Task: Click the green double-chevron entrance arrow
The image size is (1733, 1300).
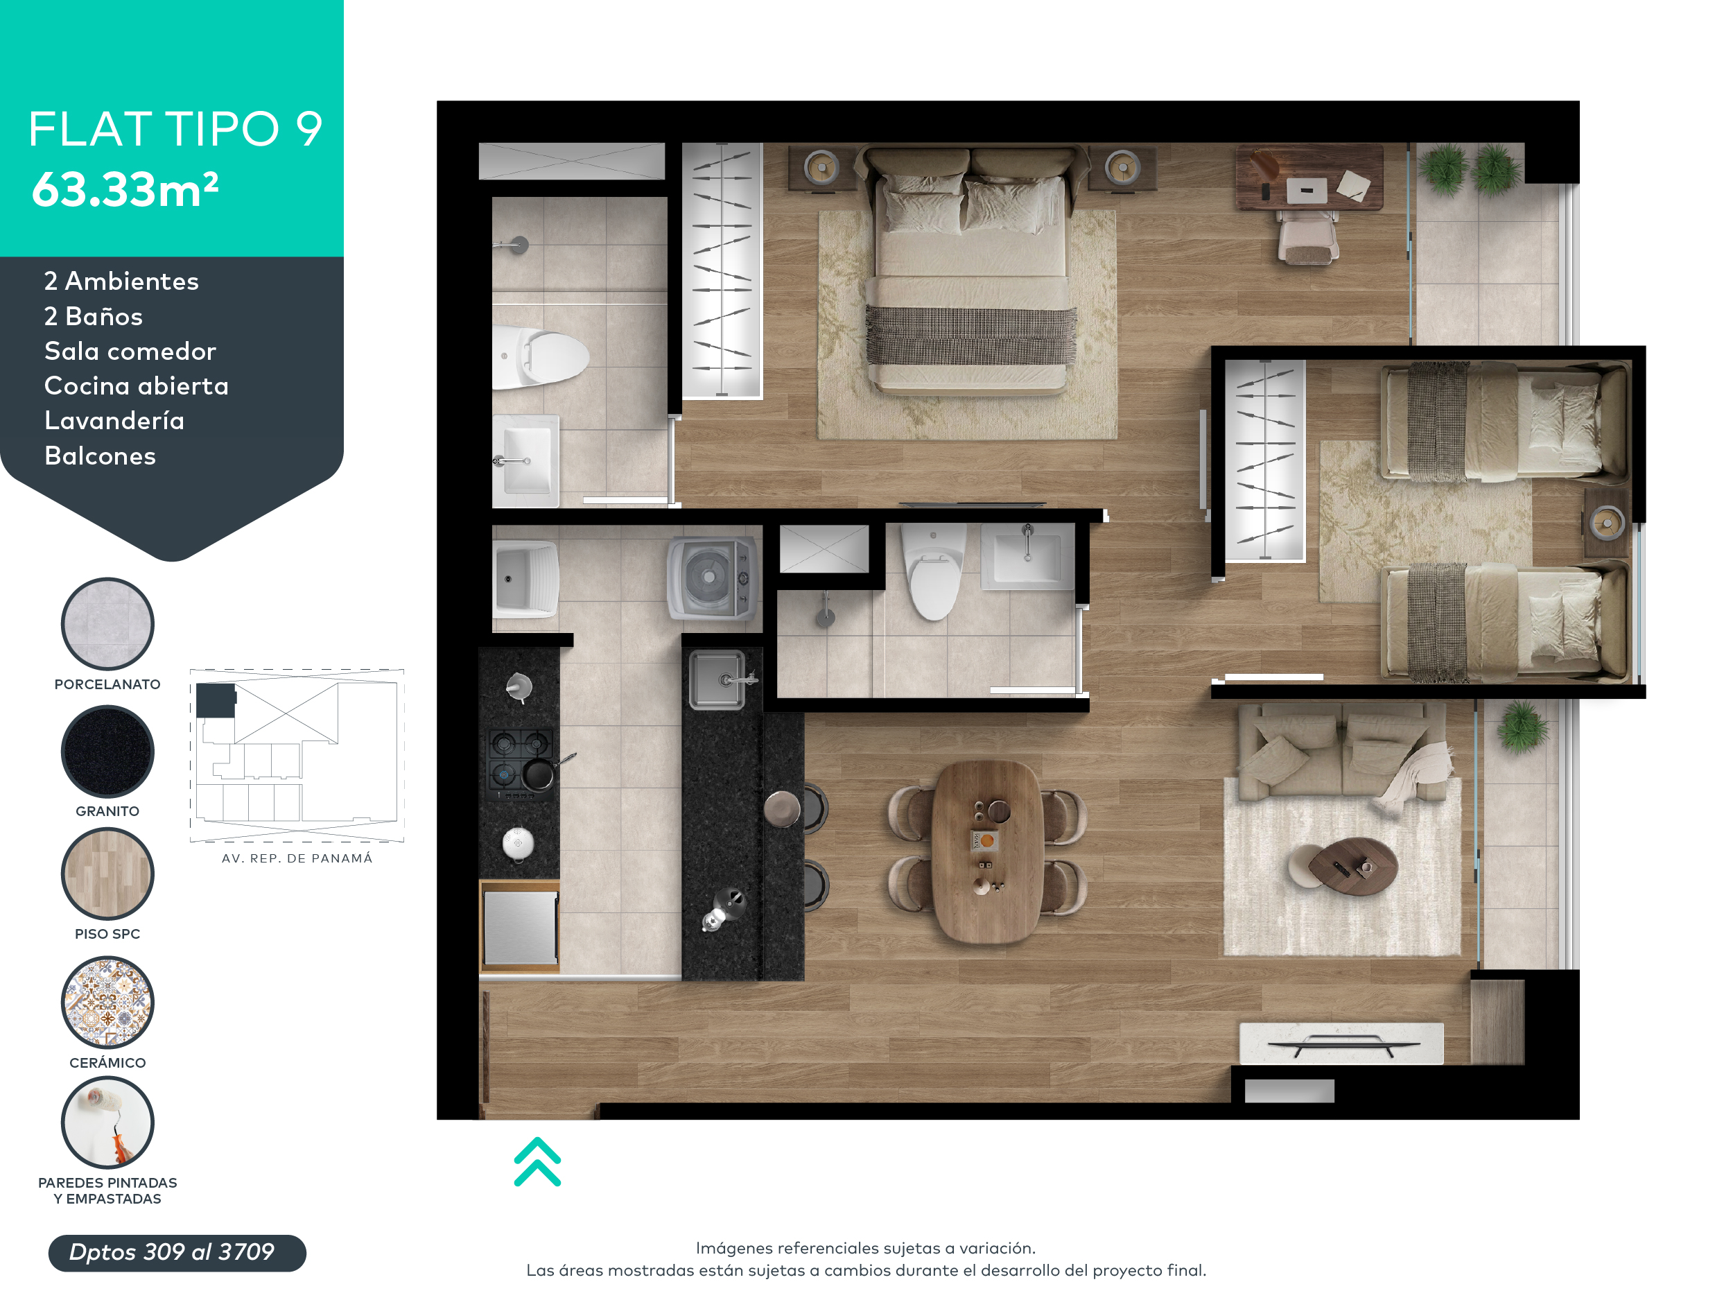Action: click(x=537, y=1161)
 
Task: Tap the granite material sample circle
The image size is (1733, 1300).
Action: click(x=107, y=752)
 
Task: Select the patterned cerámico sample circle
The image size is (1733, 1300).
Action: click(x=107, y=1003)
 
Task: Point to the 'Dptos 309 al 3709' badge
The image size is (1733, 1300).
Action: click(x=177, y=1252)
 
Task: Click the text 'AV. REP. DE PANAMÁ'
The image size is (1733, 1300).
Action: click(x=297, y=858)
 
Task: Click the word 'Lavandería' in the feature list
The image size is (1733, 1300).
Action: click(x=114, y=421)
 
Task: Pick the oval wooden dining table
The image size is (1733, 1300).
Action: click(x=988, y=851)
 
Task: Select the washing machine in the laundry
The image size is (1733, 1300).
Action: click(x=712, y=578)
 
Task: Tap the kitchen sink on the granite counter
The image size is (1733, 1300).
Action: click(x=717, y=680)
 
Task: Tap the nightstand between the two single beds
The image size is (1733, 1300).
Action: click(x=1606, y=523)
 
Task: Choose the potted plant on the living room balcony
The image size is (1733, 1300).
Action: click(x=1522, y=727)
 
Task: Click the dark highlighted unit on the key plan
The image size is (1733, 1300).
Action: click(x=216, y=700)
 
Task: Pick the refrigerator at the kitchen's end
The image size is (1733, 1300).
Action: click(x=519, y=927)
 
